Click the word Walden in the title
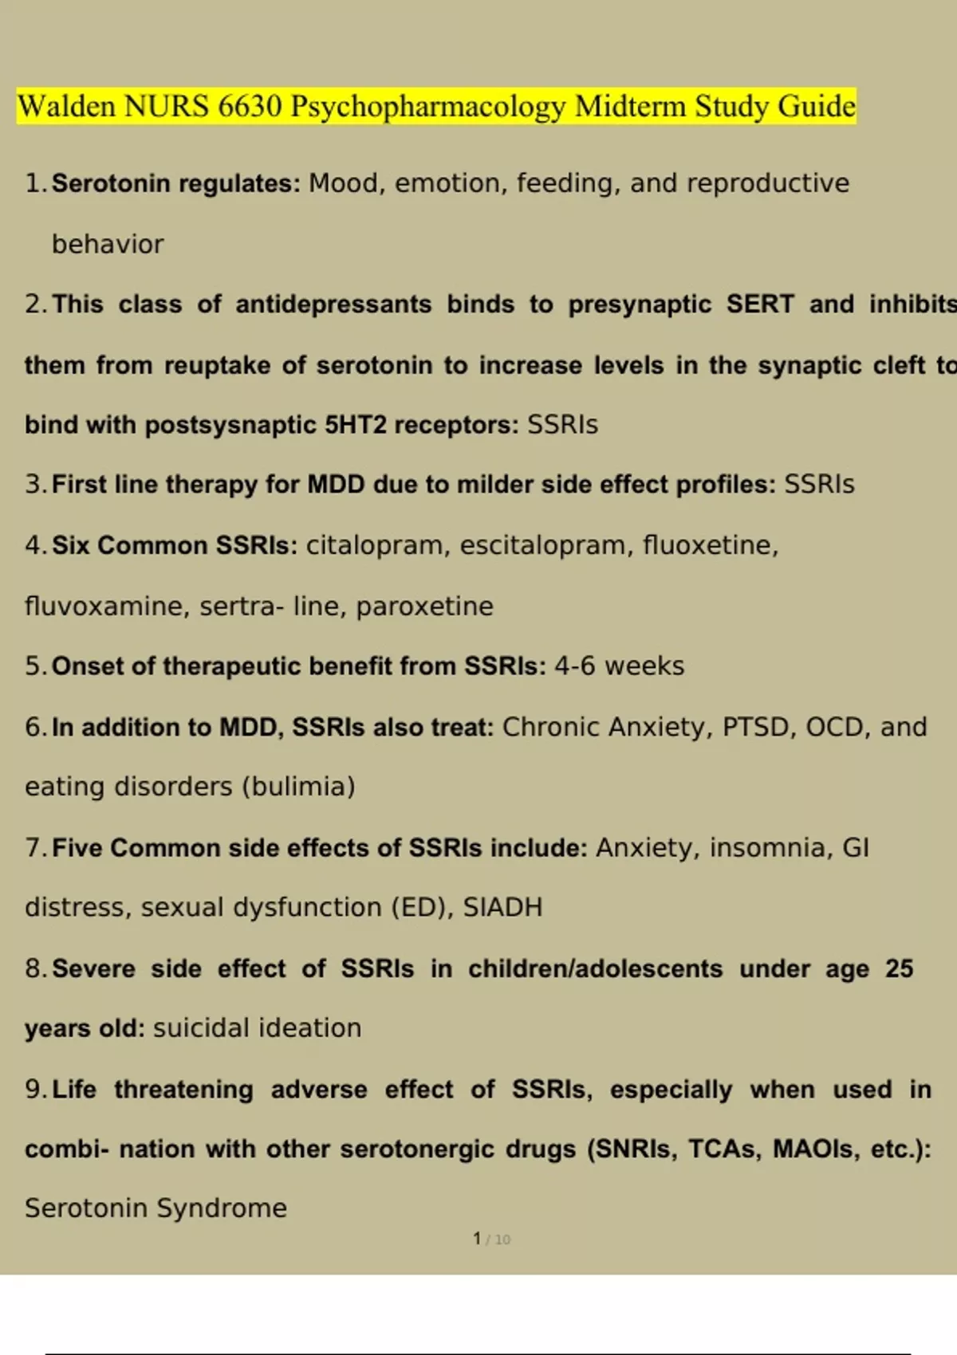(x=67, y=106)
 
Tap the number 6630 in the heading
(x=250, y=106)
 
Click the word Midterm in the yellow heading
(x=630, y=106)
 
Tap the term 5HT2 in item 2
(x=355, y=425)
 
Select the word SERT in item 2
(x=760, y=304)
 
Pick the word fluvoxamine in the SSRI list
(x=107, y=607)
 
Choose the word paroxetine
(x=424, y=607)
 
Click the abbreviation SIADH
(x=502, y=908)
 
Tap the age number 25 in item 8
(x=899, y=968)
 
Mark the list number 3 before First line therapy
(x=33, y=485)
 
